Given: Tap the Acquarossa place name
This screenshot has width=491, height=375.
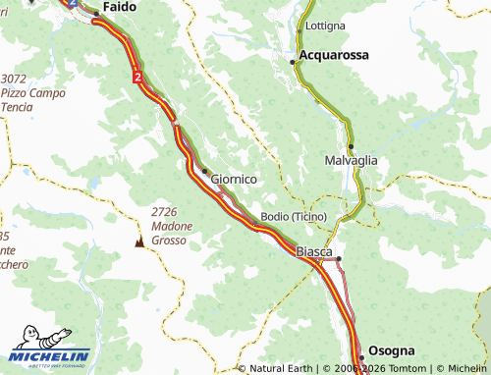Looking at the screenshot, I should pos(334,56).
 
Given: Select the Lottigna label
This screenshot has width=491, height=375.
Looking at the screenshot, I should pos(325,26).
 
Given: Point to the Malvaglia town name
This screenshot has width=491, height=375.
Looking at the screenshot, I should pos(350,160).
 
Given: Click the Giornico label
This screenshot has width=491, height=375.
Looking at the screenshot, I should pos(234,180).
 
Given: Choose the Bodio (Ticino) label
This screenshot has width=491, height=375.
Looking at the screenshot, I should pos(294,216).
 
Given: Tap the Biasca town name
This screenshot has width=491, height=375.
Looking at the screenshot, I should pos(315,252).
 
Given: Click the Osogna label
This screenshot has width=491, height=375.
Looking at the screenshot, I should pos(393,350).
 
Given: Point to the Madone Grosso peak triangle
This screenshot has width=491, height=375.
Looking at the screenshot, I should pos(138,241).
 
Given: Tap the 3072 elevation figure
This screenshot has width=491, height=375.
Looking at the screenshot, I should pos(14,79).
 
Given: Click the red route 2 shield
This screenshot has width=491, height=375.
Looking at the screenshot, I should pos(138,76).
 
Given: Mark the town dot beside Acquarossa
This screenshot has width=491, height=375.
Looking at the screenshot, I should pos(292,61).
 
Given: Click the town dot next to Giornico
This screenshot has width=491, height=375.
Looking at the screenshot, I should pos(204,171).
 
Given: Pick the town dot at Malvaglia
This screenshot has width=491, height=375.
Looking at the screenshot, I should pos(350,146).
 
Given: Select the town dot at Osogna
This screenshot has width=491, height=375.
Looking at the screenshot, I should pos(360,355).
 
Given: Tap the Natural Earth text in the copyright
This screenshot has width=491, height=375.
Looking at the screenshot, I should pos(283,368).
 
